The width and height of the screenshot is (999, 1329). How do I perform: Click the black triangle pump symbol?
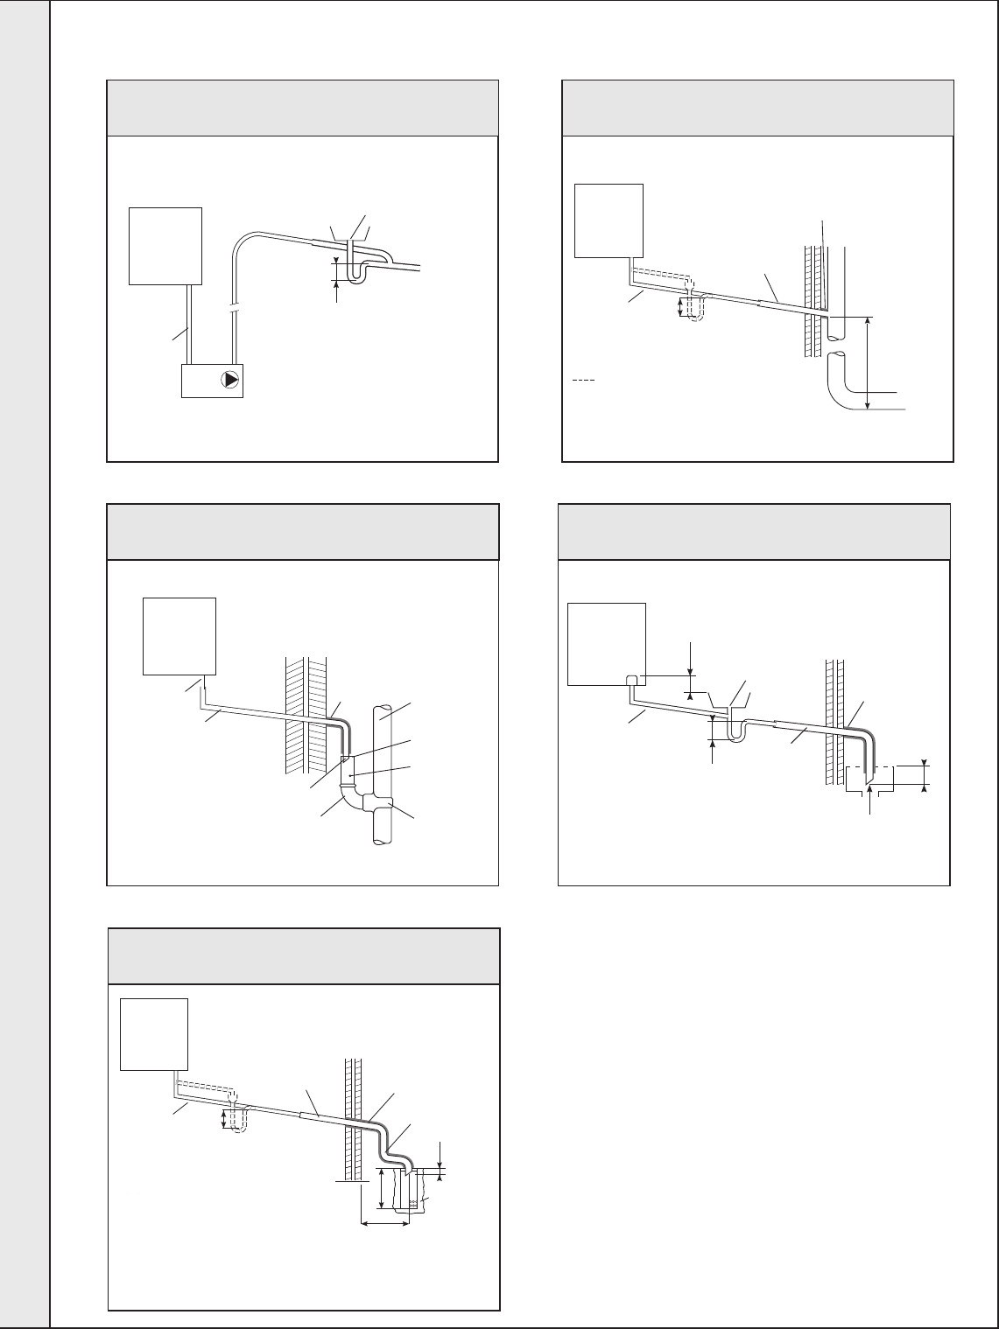(x=230, y=380)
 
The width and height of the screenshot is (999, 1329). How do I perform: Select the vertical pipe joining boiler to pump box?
(x=189, y=324)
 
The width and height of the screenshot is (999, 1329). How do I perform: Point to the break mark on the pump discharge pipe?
(x=234, y=311)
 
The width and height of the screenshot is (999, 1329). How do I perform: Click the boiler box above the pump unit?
(x=165, y=246)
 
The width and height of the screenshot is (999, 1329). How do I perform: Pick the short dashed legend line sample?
(x=583, y=381)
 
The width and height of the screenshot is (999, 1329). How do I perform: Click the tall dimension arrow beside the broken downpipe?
(x=867, y=363)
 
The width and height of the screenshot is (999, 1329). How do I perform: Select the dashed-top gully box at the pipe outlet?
(x=869, y=777)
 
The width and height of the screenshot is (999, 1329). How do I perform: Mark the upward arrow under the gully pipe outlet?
(x=869, y=796)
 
